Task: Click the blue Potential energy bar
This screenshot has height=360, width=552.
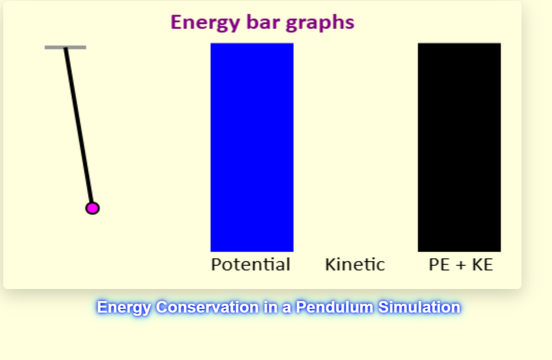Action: [x=252, y=147]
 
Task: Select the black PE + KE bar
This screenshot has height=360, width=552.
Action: [x=459, y=147]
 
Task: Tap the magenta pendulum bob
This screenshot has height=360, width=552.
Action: [x=92, y=208]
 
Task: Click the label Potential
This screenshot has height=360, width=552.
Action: [x=251, y=265]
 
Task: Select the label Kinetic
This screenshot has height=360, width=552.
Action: [x=355, y=265]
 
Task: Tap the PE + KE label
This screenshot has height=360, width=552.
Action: [x=461, y=265]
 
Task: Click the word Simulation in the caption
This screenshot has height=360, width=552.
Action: [x=419, y=307]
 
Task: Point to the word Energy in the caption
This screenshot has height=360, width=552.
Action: [x=123, y=307]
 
